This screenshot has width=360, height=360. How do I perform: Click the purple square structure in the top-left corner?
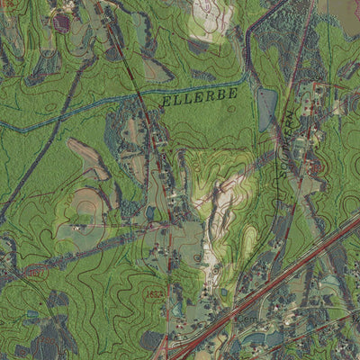[60, 19]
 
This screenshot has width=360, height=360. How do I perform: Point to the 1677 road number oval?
[34, 271]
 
